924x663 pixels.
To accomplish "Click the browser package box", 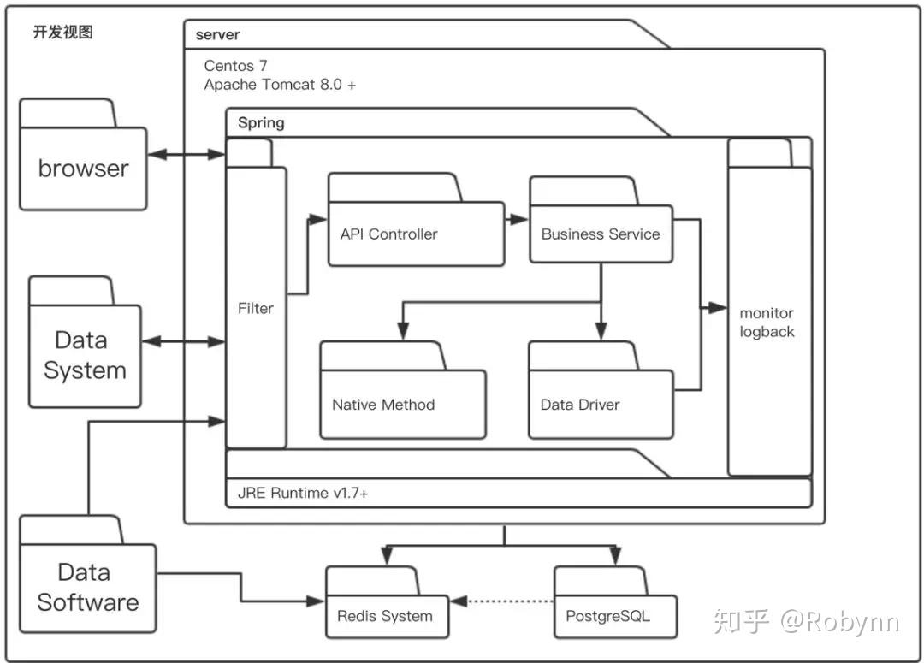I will pos(83,169).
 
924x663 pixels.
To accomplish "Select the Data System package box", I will pos(85,355).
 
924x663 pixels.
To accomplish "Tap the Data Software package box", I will pos(87,587).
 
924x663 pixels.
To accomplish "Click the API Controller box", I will pos(416,234).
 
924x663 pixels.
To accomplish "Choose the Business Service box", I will pos(601,234).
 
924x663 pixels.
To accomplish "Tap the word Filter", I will pos(255,308).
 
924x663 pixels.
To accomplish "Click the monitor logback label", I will pos(767,323).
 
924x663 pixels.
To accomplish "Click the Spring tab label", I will pos(261,122).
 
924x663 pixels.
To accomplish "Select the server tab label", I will pos(217,35).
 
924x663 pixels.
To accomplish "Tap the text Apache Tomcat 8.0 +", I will pos(280,85).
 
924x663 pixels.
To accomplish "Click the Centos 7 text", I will pos(235,66).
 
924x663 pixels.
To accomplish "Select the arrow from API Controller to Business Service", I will pos(517,219).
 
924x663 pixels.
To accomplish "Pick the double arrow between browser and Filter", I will pos(187,155).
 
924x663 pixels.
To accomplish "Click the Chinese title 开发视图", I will pos(62,33).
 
